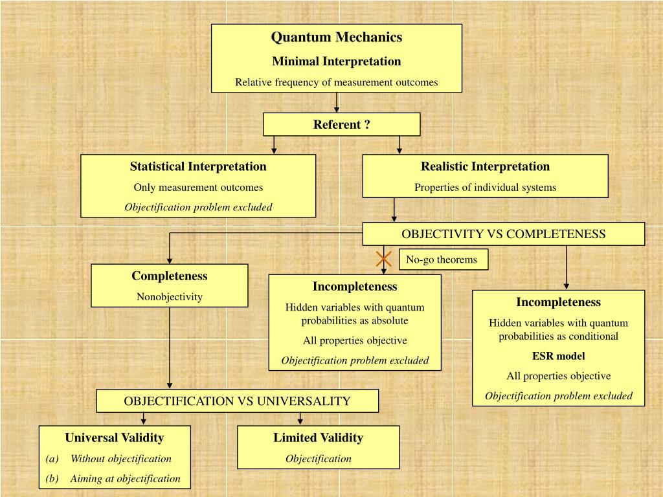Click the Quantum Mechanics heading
tap(336, 38)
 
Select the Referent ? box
tap(341, 124)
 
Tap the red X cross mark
tap(384, 259)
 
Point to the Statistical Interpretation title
tap(198, 166)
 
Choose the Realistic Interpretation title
tap(485, 166)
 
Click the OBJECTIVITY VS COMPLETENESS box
tap(503, 234)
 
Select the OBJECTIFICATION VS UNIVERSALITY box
tap(237, 401)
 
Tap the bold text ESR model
tap(558, 356)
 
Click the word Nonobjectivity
tap(170, 297)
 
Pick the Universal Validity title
tap(115, 437)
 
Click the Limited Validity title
tap(318, 437)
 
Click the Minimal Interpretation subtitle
tap(336, 61)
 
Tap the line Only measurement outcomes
tap(198, 188)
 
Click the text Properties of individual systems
tap(485, 188)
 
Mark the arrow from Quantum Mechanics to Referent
tap(337, 102)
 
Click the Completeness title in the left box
tap(170, 276)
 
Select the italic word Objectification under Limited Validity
tap(318, 459)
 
